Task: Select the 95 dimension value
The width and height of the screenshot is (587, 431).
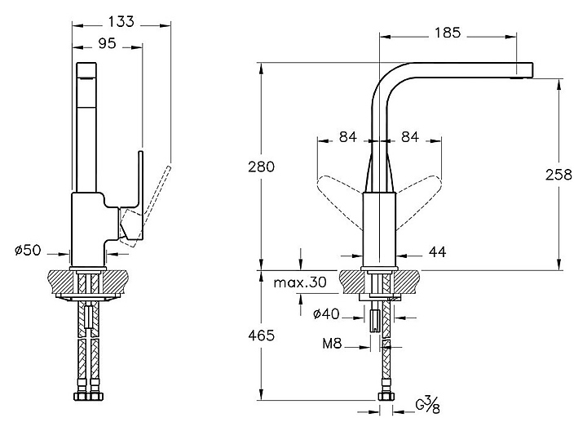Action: [108, 45]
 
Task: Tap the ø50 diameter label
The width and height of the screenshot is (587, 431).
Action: [29, 250]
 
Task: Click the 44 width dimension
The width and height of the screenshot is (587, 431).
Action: [438, 253]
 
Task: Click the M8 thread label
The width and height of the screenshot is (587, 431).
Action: [332, 345]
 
